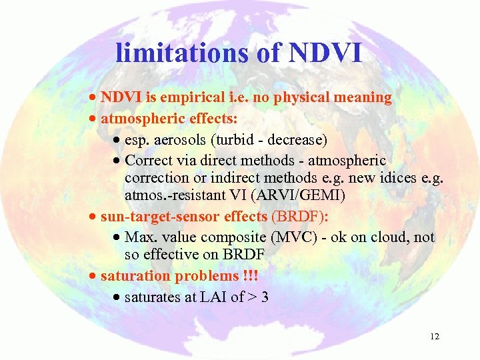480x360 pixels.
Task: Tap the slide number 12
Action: (x=435, y=337)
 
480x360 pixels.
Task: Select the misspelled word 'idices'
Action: (x=383, y=177)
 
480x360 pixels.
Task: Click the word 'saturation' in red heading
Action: (x=135, y=276)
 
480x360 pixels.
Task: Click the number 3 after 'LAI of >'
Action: (x=265, y=297)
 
